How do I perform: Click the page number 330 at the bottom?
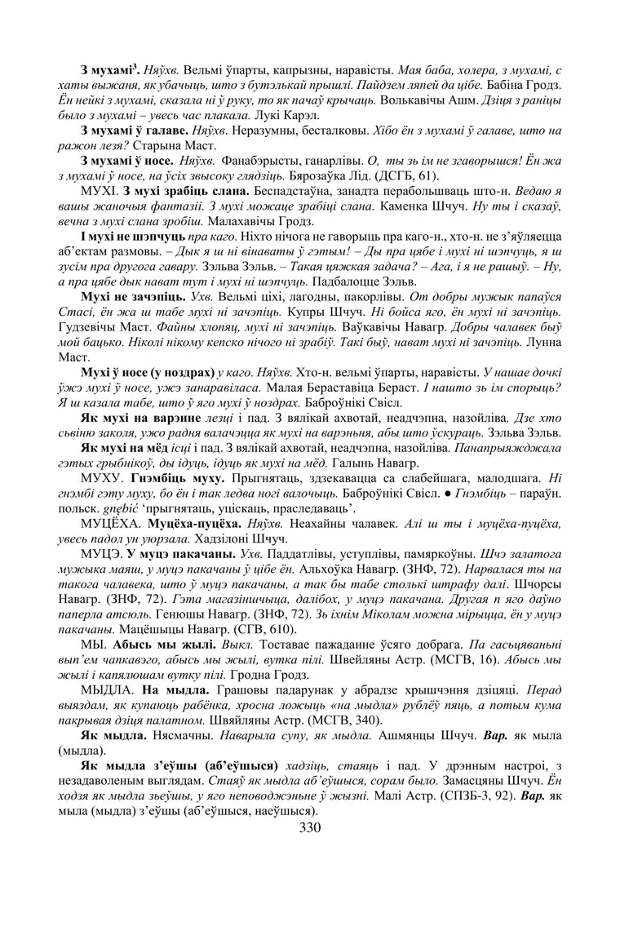[310, 828]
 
